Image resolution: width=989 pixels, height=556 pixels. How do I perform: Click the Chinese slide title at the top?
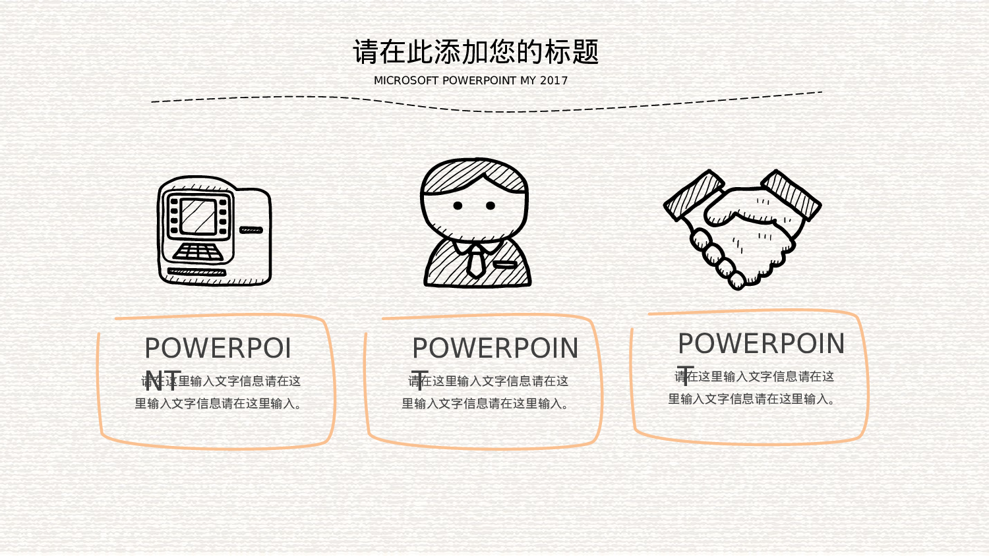(x=475, y=52)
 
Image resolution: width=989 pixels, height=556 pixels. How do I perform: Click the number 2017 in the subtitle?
(x=554, y=80)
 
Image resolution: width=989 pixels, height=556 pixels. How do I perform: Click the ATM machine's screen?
(x=198, y=216)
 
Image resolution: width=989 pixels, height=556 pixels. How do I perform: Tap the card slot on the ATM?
(x=251, y=230)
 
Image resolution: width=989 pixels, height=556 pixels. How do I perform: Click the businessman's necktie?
(x=475, y=261)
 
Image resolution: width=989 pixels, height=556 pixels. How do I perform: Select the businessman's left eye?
(x=458, y=206)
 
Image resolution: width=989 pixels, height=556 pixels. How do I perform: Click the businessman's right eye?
(x=491, y=206)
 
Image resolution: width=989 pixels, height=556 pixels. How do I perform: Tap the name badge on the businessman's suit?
(x=506, y=265)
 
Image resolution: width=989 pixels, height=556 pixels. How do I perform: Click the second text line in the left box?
(x=218, y=404)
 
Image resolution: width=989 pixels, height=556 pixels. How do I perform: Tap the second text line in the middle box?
(x=485, y=404)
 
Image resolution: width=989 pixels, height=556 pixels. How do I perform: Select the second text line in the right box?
(x=752, y=399)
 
